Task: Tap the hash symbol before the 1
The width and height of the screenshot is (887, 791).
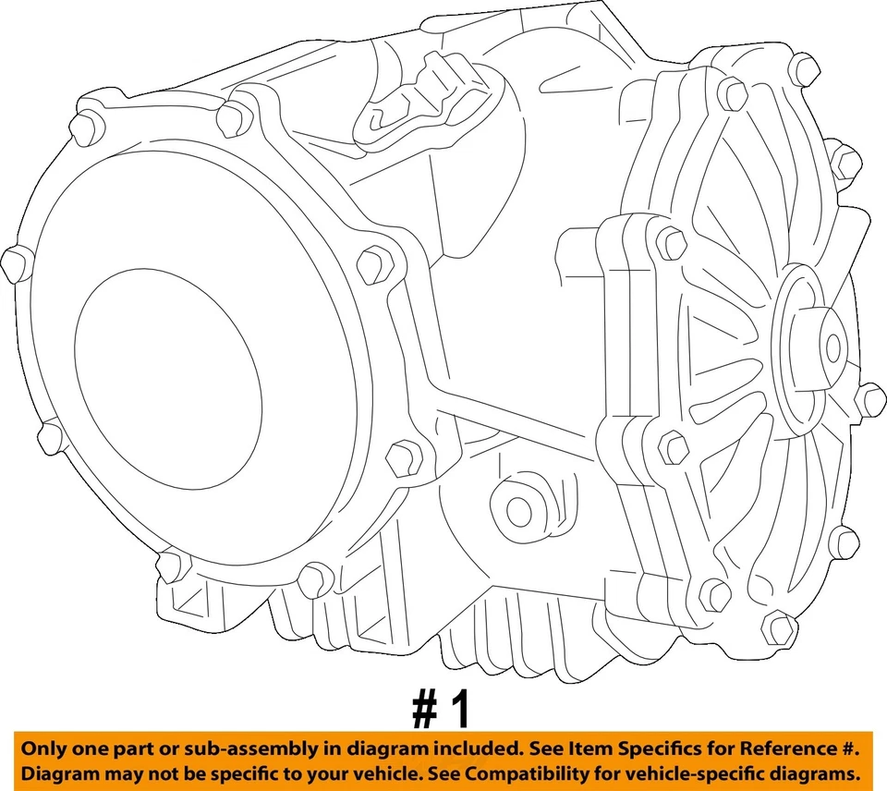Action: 426,711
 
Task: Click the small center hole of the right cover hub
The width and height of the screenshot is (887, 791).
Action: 833,347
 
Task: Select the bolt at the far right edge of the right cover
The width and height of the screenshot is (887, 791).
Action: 869,398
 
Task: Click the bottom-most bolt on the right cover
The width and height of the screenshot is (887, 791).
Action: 778,629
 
